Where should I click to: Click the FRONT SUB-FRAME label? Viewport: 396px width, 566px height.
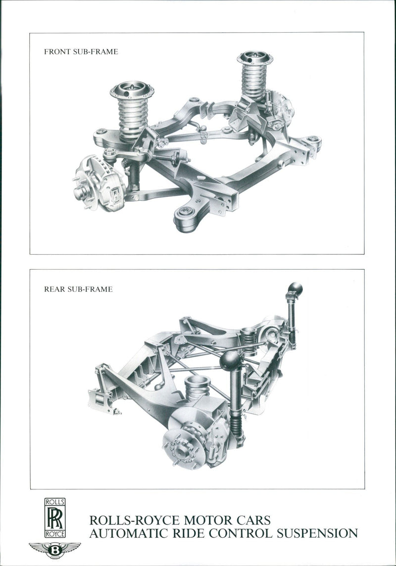[81, 51]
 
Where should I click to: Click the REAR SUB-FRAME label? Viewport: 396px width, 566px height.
[78, 289]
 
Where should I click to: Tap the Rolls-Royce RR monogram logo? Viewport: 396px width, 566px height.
[55, 519]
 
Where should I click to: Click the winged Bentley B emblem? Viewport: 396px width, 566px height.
[55, 550]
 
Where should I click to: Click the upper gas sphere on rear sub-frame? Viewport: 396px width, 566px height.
[295, 288]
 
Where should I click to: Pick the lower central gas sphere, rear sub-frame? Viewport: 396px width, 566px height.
[230, 360]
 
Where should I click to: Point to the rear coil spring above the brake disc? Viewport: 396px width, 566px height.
[197, 388]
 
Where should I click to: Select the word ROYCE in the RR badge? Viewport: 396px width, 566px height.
[55, 534]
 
